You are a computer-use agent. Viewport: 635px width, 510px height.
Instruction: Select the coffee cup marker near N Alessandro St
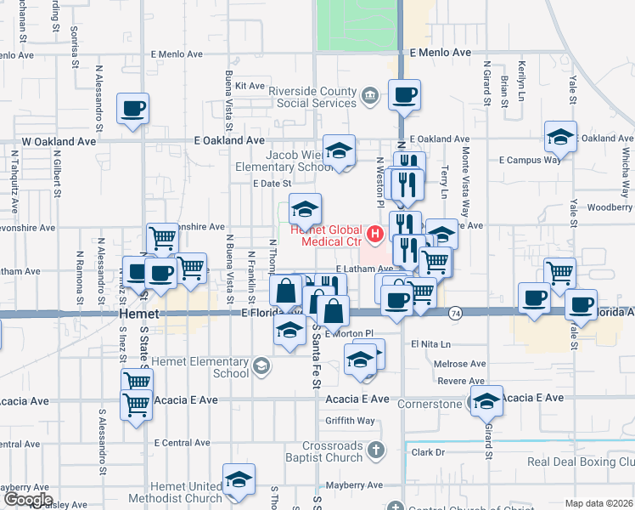[x=132, y=109]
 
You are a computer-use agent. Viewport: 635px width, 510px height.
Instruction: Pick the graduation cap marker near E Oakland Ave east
[x=560, y=136]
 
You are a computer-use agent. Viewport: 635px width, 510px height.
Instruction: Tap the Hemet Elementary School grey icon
[x=262, y=366]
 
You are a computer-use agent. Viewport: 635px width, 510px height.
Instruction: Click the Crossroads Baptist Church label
[x=333, y=451]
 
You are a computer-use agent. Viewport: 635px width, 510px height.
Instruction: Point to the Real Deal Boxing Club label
[x=581, y=462]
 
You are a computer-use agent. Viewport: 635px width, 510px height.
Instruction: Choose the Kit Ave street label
[x=250, y=86]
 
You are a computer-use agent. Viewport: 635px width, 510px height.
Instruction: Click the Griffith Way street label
[x=350, y=421]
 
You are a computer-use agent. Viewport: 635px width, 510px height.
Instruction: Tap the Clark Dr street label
[x=428, y=452]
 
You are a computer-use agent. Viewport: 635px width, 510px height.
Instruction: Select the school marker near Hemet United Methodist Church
[x=239, y=479]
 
